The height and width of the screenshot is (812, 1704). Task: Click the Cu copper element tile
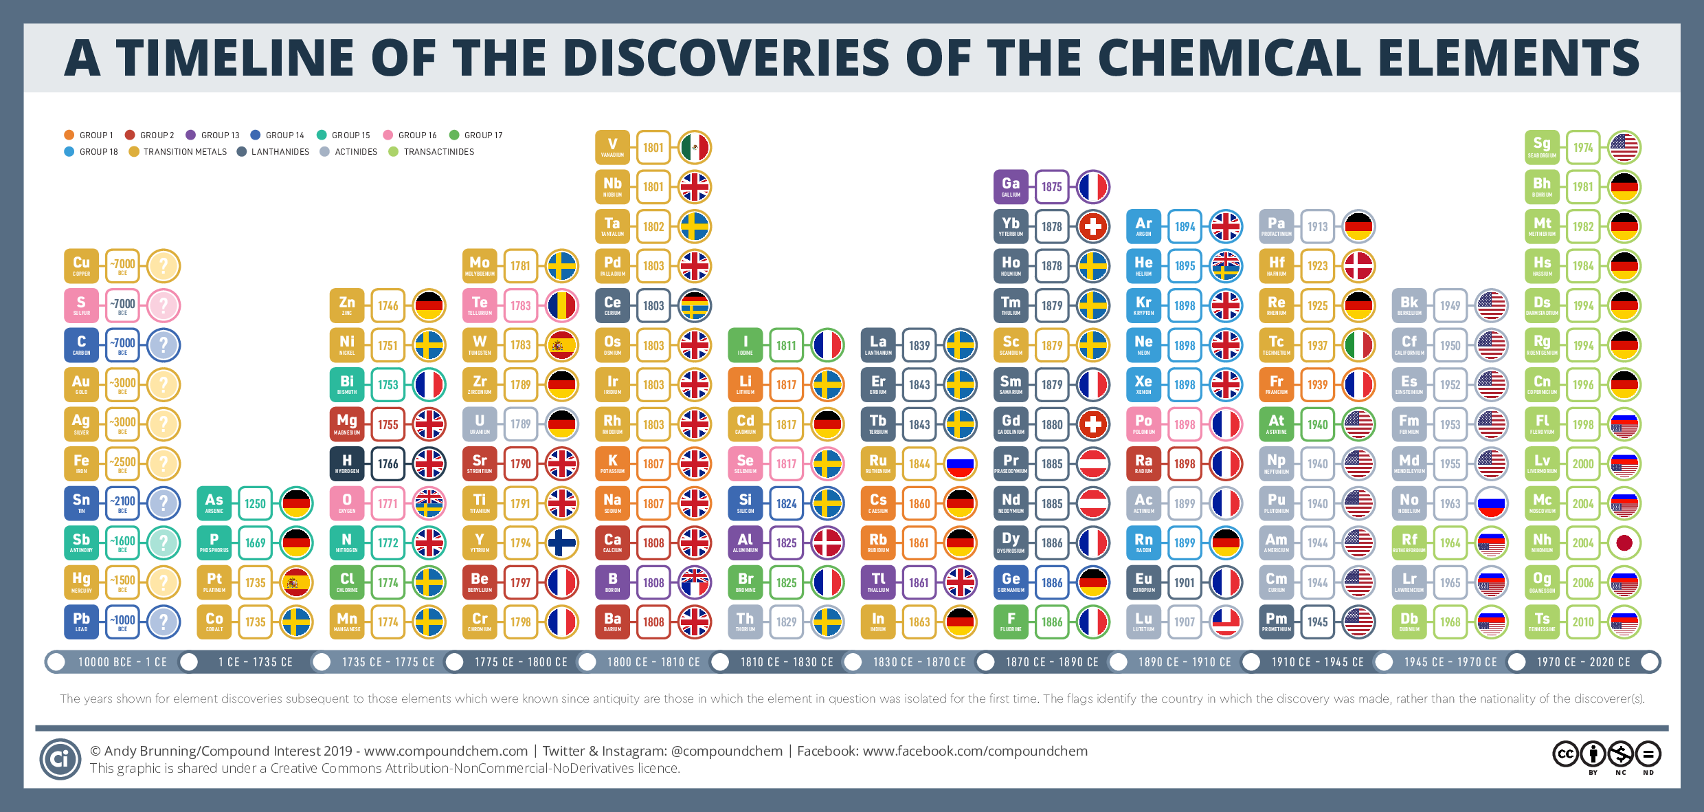[81, 266]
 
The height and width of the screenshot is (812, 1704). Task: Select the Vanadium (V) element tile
[612, 147]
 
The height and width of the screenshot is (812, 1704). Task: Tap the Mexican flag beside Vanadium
[695, 147]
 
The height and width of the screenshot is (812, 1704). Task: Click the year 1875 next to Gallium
[1051, 187]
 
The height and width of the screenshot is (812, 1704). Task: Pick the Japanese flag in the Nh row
[1624, 543]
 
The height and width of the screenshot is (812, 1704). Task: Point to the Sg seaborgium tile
[1542, 147]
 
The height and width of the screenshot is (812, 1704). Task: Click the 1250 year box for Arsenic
[255, 503]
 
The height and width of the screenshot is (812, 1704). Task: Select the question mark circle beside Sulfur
[164, 305]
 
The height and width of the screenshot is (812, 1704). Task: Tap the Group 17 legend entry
[476, 135]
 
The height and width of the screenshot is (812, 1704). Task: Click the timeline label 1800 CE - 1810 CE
[653, 662]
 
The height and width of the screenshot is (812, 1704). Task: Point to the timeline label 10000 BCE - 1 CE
[122, 662]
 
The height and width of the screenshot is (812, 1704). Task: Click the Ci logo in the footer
[60, 758]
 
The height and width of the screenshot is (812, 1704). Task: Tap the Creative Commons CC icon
[1565, 754]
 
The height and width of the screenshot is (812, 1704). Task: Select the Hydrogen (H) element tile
[347, 464]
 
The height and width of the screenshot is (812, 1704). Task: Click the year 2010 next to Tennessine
[1583, 622]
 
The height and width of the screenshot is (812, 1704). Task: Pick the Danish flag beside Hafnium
[1358, 266]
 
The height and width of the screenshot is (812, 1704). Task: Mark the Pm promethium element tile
[1276, 622]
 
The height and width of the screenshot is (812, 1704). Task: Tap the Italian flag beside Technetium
[1358, 345]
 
